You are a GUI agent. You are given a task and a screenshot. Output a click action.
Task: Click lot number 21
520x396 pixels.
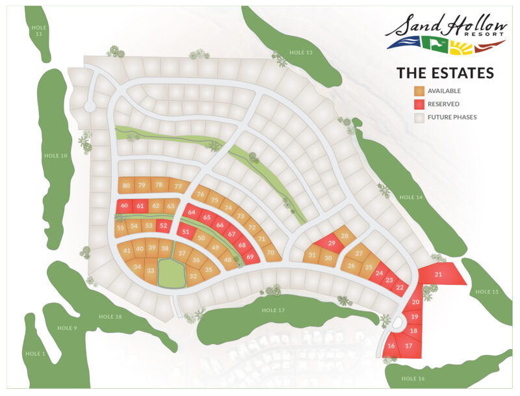click(x=438, y=274)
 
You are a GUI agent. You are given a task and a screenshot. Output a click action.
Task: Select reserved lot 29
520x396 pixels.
click(x=331, y=243)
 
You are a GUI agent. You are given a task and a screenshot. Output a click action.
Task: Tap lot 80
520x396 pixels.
click(x=126, y=185)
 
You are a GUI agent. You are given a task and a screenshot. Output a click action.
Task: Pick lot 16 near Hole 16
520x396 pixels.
click(x=391, y=346)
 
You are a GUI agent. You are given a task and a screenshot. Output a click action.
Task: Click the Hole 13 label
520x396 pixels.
click(x=300, y=52)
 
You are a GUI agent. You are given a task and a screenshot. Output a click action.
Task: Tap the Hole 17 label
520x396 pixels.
click(x=274, y=310)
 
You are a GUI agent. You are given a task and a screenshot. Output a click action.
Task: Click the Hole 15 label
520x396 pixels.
click(x=487, y=291)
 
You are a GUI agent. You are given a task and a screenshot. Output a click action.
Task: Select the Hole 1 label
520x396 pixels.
click(x=34, y=353)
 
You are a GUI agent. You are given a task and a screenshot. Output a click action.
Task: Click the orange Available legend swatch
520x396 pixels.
click(x=420, y=91)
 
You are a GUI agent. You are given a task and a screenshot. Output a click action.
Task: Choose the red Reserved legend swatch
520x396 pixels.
click(x=420, y=104)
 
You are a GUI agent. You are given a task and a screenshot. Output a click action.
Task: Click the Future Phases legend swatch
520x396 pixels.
click(x=420, y=118)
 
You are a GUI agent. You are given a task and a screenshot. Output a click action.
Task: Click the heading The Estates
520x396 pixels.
click(x=445, y=72)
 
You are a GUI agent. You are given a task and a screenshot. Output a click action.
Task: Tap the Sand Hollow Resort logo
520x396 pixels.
click(x=445, y=33)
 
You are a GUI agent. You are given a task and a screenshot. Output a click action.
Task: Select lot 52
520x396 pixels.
click(x=164, y=226)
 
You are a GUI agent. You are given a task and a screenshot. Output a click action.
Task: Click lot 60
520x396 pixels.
click(x=124, y=206)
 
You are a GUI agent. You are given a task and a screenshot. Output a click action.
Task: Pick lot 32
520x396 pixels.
click(x=193, y=276)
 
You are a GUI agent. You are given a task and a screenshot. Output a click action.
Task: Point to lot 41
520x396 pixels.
click(x=127, y=250)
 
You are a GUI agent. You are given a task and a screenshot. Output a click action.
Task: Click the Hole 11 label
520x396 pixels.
click(x=39, y=30)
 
